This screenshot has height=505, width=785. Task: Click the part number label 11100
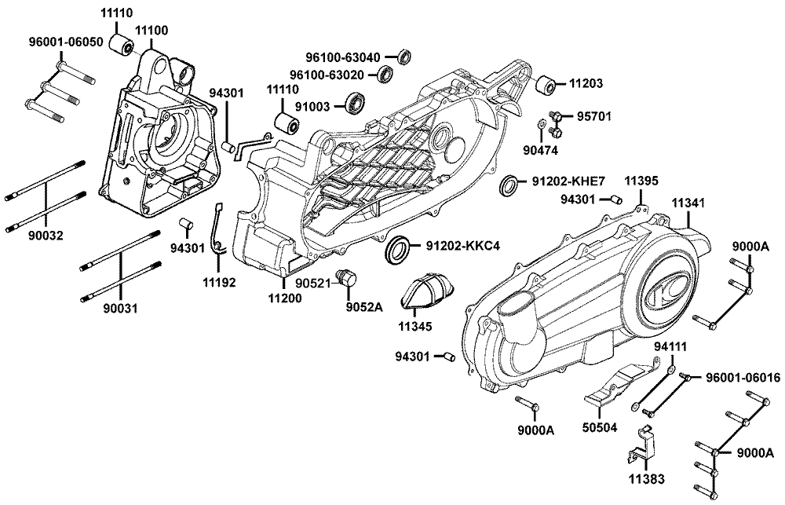(151, 30)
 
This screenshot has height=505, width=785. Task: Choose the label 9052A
(366, 307)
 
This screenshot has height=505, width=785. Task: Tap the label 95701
(594, 116)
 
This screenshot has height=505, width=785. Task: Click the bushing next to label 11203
(546, 83)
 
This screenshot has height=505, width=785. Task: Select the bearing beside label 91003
(359, 102)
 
